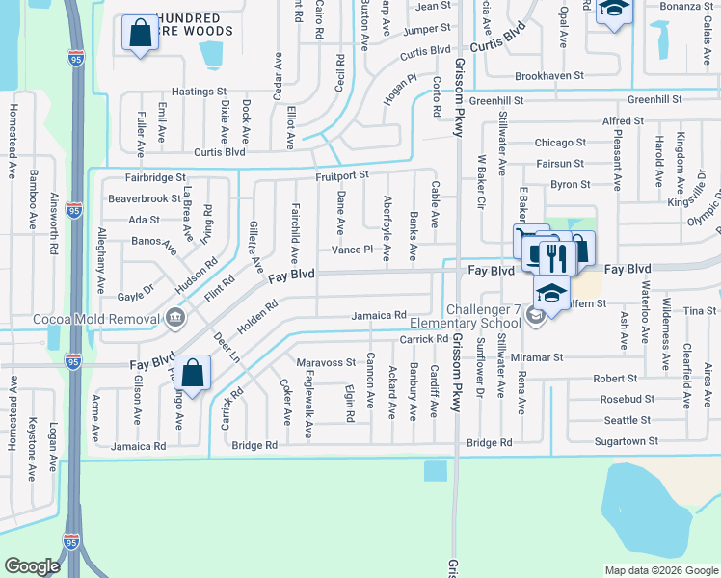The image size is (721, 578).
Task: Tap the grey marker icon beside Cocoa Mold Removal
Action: tap(174, 317)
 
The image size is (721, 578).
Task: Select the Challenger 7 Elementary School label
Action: tap(466, 316)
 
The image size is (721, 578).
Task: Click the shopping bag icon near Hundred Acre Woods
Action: tap(140, 34)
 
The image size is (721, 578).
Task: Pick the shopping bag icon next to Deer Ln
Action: tap(193, 374)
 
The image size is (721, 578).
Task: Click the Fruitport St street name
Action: tap(341, 175)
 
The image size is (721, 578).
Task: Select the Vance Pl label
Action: tap(352, 250)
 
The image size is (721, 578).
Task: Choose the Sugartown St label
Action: tap(625, 440)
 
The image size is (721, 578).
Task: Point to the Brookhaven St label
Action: tap(549, 75)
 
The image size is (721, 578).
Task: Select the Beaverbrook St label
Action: tap(145, 198)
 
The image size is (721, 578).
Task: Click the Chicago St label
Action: tap(560, 143)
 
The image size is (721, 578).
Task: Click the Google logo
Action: tap(32, 566)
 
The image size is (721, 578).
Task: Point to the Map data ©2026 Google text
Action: tap(660, 570)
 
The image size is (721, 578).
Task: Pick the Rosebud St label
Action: tap(627, 399)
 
